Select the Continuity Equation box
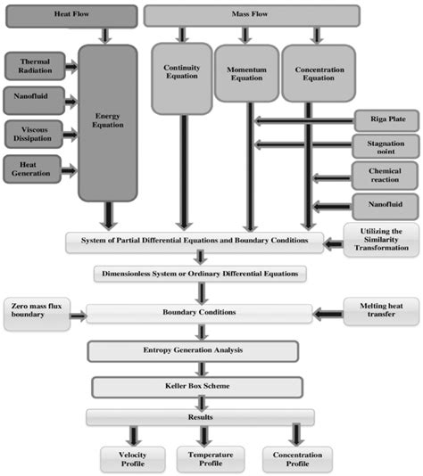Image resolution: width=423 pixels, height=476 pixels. (x=181, y=78)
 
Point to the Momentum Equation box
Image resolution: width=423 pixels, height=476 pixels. (x=245, y=78)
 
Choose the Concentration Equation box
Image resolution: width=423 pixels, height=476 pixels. (x=313, y=78)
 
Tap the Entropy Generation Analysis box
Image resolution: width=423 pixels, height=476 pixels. (x=200, y=351)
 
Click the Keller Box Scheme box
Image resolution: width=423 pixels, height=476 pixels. (x=200, y=387)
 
